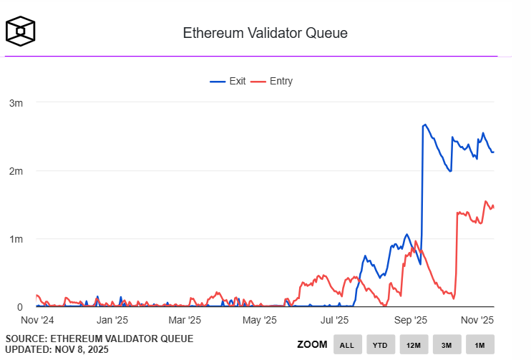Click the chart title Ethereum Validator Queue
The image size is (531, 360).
tap(265, 33)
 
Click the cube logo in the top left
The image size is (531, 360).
tap(21, 31)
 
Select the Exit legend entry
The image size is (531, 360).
tap(228, 81)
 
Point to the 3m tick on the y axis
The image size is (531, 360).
tap(16, 103)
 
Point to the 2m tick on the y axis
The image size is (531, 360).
tap(16, 171)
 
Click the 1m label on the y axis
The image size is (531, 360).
tap(16, 239)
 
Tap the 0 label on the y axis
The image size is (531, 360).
tap(19, 307)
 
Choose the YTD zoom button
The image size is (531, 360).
tap(380, 345)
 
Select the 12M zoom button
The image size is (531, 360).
tap(413, 345)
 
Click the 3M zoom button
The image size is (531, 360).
tap(446, 345)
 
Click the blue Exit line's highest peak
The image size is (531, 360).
tap(425, 125)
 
